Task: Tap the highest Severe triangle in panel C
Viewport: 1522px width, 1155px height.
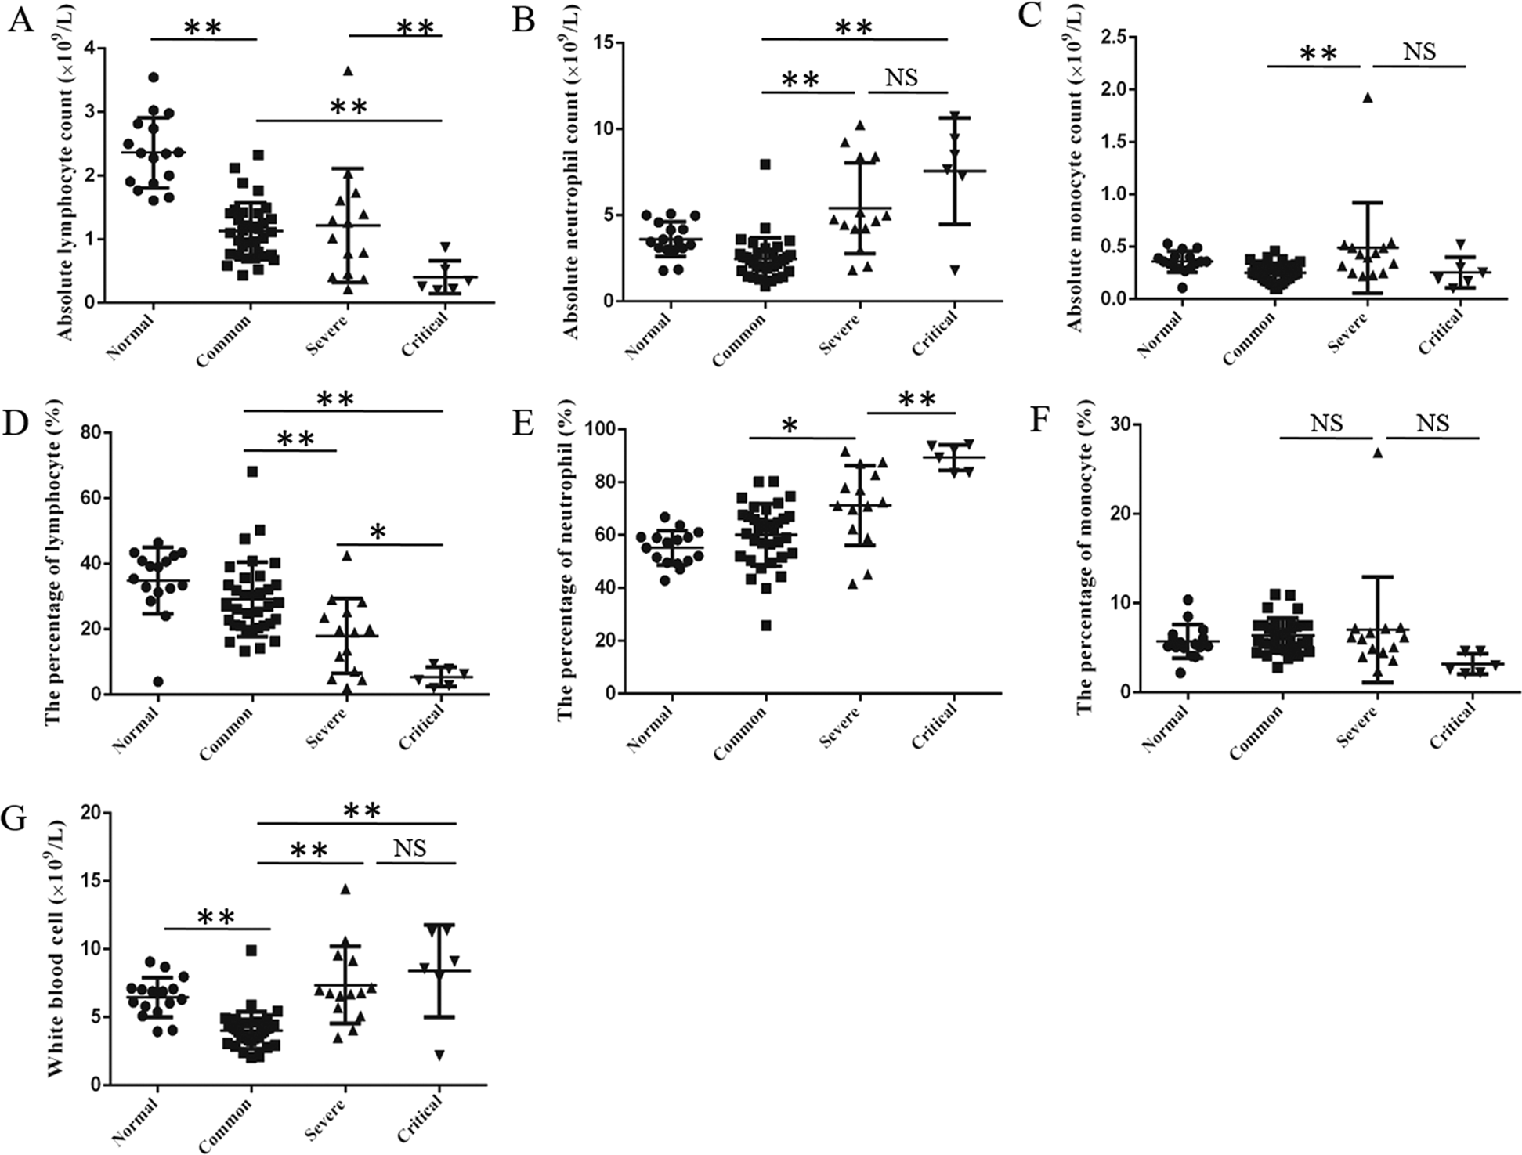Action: tap(1368, 98)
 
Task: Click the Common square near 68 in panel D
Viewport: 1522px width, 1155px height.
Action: tap(252, 471)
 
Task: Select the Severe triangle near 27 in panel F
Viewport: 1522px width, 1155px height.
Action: tap(1378, 453)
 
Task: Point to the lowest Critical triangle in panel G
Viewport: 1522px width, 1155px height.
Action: tap(439, 1056)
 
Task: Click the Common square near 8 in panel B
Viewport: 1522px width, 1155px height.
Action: tap(765, 164)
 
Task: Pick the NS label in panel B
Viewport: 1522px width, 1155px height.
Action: tap(901, 78)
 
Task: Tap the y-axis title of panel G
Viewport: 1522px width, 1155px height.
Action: tap(56, 948)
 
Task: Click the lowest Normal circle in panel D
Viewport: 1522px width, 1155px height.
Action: tap(158, 681)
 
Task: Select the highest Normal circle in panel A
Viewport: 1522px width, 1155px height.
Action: tap(154, 77)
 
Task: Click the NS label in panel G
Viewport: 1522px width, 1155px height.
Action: tap(410, 848)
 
